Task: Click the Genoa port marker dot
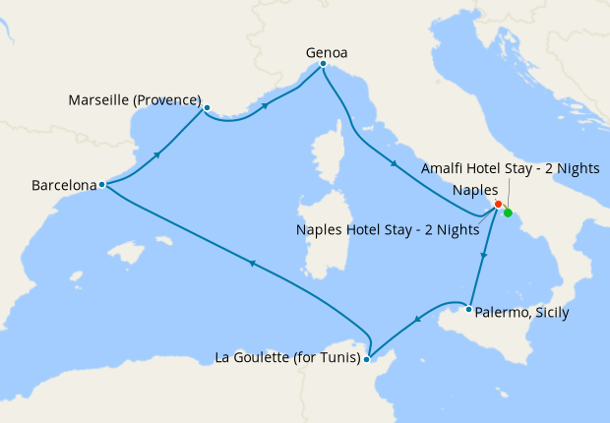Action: [x=323, y=65]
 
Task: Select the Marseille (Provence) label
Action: [x=135, y=101]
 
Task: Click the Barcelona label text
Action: [x=64, y=184]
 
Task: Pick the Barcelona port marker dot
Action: [x=102, y=184]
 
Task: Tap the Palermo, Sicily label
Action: [x=521, y=314]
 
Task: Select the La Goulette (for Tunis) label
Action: [x=286, y=357]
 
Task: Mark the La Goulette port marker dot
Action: [x=366, y=359]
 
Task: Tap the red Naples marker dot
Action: [x=499, y=205]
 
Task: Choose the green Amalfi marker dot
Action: [x=508, y=212]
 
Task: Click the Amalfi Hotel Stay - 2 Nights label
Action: [x=510, y=169]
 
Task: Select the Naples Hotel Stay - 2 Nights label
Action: [x=387, y=230]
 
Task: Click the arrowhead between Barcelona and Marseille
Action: [x=156, y=154]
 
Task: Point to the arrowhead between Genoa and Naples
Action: [x=394, y=164]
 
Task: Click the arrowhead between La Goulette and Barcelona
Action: [x=252, y=263]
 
